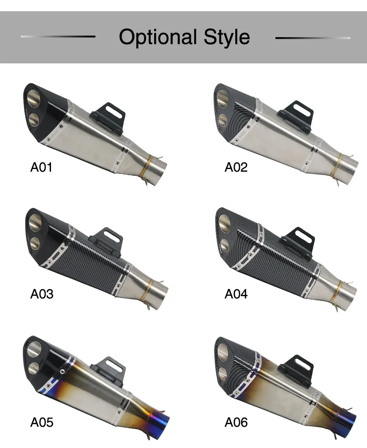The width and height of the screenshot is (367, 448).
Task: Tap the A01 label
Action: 41,167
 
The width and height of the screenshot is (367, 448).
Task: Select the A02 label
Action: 236,167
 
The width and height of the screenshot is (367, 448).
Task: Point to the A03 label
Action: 42,294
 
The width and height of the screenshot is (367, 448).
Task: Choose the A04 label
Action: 236,294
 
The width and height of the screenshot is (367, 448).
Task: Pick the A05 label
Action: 42,422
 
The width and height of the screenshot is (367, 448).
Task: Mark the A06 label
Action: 236,422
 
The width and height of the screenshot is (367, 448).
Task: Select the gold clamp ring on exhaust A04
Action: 340,291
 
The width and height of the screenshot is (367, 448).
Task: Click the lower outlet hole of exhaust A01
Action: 34,118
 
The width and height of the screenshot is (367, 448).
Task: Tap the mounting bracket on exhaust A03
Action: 109,240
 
